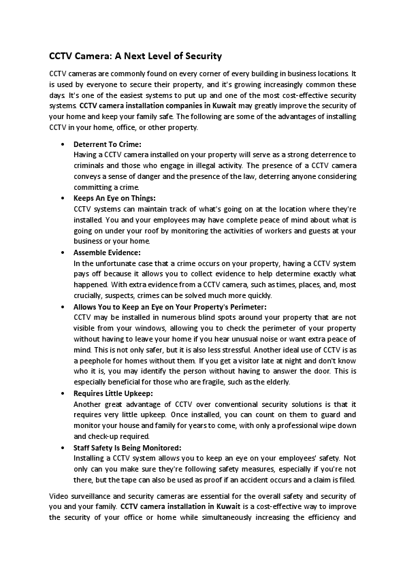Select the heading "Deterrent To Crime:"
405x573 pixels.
(108, 145)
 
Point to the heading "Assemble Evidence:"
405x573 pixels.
(107, 252)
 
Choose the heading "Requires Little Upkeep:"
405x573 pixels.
(113, 393)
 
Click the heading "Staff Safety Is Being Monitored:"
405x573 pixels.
(127, 447)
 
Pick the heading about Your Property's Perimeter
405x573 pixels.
(169, 307)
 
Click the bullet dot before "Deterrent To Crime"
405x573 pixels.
(63, 145)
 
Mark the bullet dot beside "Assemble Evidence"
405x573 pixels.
(63, 252)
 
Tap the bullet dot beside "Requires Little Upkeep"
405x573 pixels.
(63, 393)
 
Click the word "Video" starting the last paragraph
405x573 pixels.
(60, 495)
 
